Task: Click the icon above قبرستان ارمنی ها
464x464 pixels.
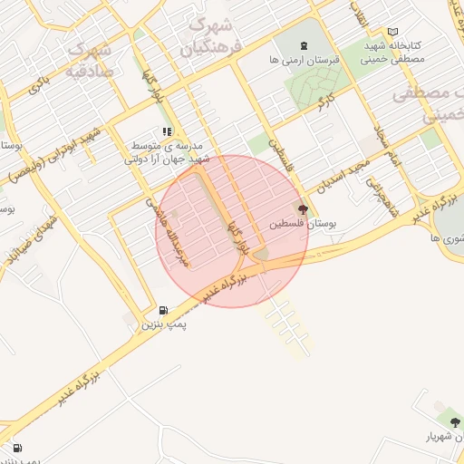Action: (x=302, y=44)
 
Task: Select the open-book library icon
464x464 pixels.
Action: (x=392, y=32)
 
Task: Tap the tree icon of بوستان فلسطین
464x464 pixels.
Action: (x=302, y=208)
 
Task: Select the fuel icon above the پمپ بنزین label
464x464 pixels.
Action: (x=163, y=310)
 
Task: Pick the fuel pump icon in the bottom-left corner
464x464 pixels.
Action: (x=17, y=448)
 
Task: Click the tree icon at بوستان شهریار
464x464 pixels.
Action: (x=450, y=422)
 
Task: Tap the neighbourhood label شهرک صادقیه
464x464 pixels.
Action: (x=92, y=59)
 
